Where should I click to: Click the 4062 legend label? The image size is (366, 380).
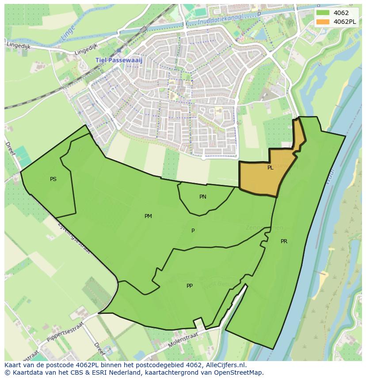341,13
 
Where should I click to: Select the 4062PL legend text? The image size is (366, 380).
345,22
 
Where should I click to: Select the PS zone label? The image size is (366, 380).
53,179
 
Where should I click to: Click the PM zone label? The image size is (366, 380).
148,216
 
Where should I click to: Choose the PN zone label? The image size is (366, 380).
202,197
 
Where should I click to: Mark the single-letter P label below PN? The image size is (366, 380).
193,231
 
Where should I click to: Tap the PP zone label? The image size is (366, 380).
190,286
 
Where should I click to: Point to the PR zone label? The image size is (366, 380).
284,241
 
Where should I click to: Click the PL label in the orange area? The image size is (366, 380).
270,168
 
